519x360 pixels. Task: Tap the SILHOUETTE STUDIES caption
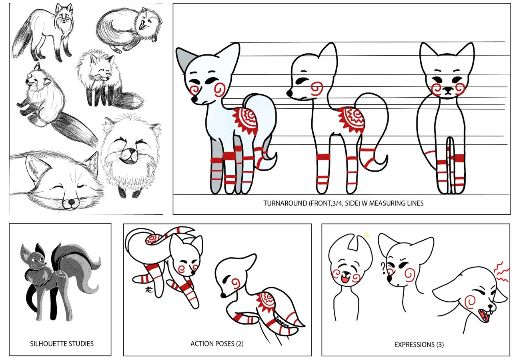click(62, 344)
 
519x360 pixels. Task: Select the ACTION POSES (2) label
click(216, 344)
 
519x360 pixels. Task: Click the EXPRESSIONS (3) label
click(419, 344)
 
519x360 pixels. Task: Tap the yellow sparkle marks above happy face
click(366, 235)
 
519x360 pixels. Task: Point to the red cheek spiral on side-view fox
click(317, 88)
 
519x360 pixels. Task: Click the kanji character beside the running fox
click(149, 289)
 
